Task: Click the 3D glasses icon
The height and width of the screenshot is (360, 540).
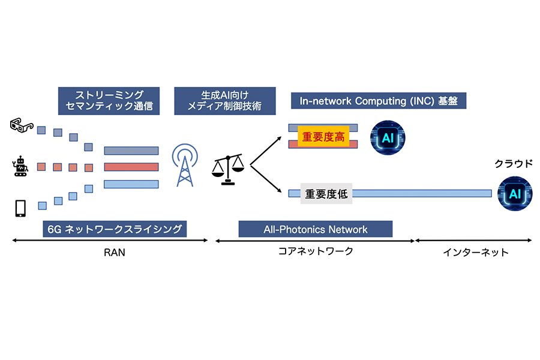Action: click(x=22, y=125)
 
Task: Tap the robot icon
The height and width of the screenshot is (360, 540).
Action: click(x=21, y=167)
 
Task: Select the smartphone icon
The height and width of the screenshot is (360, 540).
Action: click(x=20, y=208)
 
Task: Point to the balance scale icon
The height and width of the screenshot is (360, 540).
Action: click(x=229, y=169)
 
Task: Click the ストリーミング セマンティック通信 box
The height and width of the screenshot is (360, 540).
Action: click(x=109, y=101)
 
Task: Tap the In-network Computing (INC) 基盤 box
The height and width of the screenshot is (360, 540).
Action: click(x=378, y=101)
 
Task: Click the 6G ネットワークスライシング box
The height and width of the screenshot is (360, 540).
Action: click(x=115, y=229)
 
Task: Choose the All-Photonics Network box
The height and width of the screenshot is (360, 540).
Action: click(x=315, y=229)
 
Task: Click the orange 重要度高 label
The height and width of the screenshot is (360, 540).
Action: click(x=323, y=137)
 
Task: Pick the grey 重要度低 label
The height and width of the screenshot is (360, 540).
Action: click(x=326, y=194)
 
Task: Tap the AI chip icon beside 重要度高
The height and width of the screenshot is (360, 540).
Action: click(x=388, y=137)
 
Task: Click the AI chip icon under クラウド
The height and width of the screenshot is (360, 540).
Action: click(x=515, y=193)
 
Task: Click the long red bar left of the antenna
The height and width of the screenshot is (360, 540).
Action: click(x=131, y=167)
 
